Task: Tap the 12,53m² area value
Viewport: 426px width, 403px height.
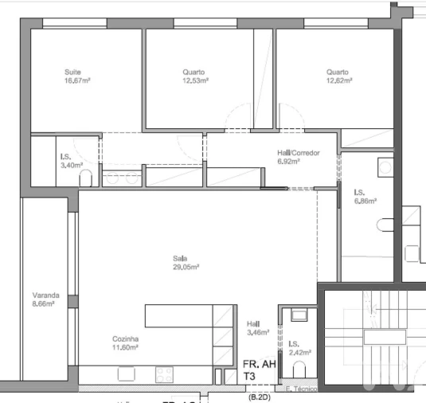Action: (194, 80)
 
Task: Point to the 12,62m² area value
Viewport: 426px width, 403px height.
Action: (338, 80)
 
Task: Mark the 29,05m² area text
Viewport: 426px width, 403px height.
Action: (185, 267)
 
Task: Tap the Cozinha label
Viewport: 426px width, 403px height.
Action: (126, 338)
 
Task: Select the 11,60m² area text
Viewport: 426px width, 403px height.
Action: (126, 347)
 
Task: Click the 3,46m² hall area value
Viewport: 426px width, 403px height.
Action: (258, 332)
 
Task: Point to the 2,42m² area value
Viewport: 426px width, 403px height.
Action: (299, 351)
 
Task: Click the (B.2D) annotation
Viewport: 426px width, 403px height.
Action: (259, 396)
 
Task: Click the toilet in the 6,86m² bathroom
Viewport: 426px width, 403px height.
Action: (386, 224)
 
